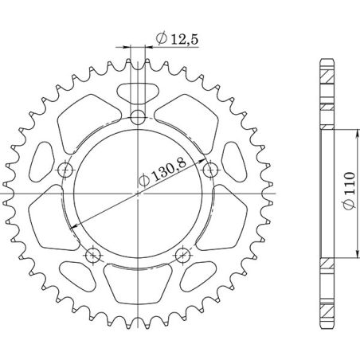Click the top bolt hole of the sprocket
pyautogui.click(x=139, y=118)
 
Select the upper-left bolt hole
pyautogui.click(x=66, y=170)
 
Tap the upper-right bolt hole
pyautogui.click(x=211, y=170)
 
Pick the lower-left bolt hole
pyautogui.click(x=94, y=255)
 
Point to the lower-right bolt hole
pyautogui.click(x=183, y=255)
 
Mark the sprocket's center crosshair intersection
pyautogui.click(x=139, y=194)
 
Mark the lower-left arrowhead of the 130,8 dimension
pyautogui.click(x=79, y=229)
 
